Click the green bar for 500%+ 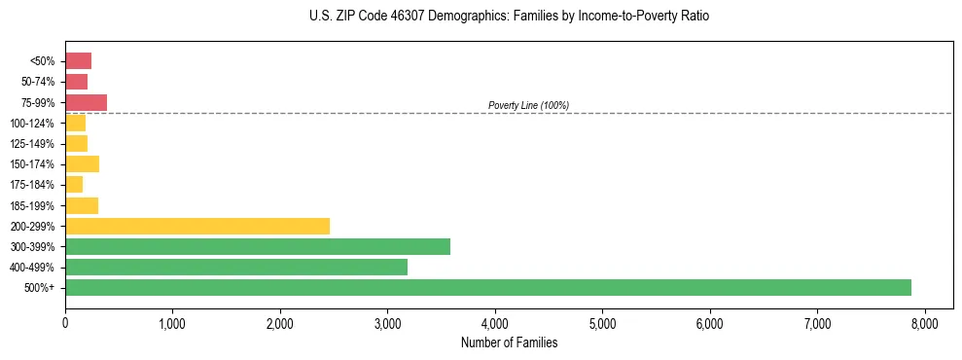click(x=487, y=287)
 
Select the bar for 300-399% click(x=258, y=246)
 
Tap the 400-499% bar click(x=236, y=267)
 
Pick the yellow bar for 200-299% click(x=197, y=226)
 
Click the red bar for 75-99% click(x=86, y=102)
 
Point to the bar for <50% click(x=78, y=60)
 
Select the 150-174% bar click(x=82, y=163)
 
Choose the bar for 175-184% click(x=74, y=184)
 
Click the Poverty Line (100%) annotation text click(x=528, y=105)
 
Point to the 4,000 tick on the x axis click(x=495, y=323)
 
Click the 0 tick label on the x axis click(x=65, y=323)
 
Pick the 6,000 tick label click(x=710, y=323)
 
